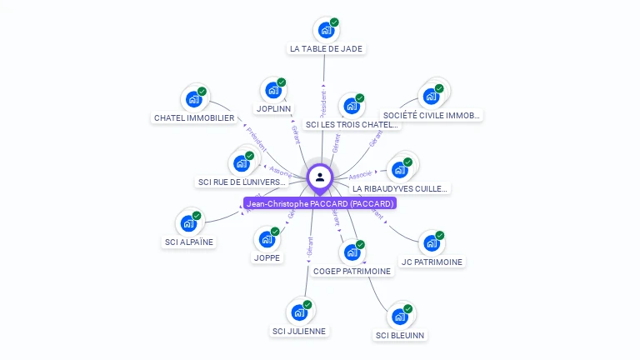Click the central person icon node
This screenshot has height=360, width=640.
tap(320, 177)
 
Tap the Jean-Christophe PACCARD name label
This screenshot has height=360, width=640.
tap(320, 203)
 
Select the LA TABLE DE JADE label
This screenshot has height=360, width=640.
tap(326, 48)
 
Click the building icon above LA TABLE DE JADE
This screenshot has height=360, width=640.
tap(325, 30)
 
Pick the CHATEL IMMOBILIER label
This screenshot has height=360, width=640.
tap(194, 117)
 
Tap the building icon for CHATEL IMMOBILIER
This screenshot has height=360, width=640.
tap(193, 99)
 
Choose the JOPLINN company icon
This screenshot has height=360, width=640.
tap(272, 90)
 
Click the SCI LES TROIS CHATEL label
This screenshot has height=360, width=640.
tap(352, 125)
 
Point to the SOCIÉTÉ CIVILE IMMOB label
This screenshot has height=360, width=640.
tap(431, 115)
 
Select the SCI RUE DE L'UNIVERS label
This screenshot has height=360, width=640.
tap(242, 182)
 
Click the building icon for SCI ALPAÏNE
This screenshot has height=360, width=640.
tap(187, 223)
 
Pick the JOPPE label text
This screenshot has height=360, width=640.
tap(267, 257)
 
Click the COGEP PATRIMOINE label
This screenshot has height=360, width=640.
tap(352, 271)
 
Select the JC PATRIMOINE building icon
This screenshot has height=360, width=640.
tap(430, 243)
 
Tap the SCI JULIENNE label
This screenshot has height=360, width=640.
tap(299, 331)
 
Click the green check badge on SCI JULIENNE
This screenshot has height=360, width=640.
tap(307, 305)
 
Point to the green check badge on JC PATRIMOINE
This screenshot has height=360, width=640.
tap(439, 235)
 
